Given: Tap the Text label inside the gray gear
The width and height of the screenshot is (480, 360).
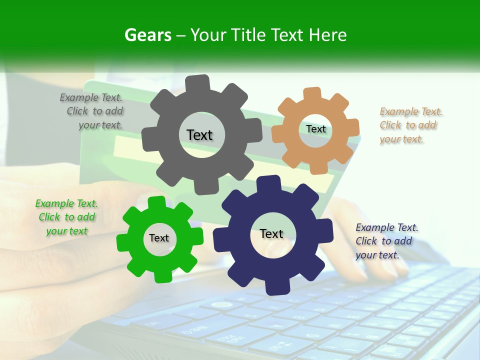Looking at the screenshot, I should click(x=199, y=135).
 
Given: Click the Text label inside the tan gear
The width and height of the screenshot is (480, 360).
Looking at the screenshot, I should click(x=315, y=129).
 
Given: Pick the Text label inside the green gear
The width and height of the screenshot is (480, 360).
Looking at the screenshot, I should click(x=159, y=238).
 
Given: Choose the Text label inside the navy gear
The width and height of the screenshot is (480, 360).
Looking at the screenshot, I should click(x=271, y=233).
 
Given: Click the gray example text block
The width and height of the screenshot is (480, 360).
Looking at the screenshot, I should click(x=91, y=111).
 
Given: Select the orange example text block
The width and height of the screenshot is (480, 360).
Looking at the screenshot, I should click(x=410, y=125).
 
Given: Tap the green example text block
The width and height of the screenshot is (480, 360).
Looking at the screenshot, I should click(x=66, y=217).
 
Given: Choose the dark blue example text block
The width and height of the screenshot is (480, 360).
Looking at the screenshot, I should click(x=386, y=241).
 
